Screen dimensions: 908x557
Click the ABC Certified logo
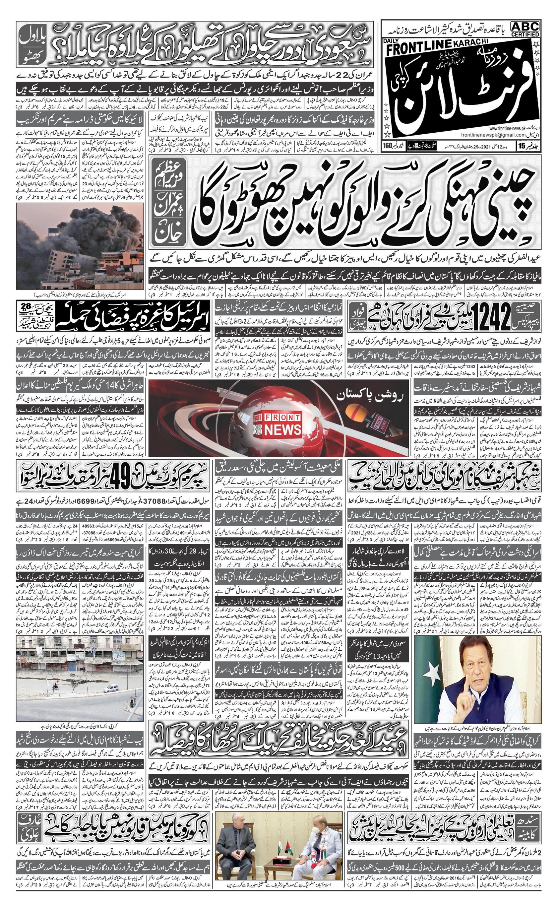(525, 29)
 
